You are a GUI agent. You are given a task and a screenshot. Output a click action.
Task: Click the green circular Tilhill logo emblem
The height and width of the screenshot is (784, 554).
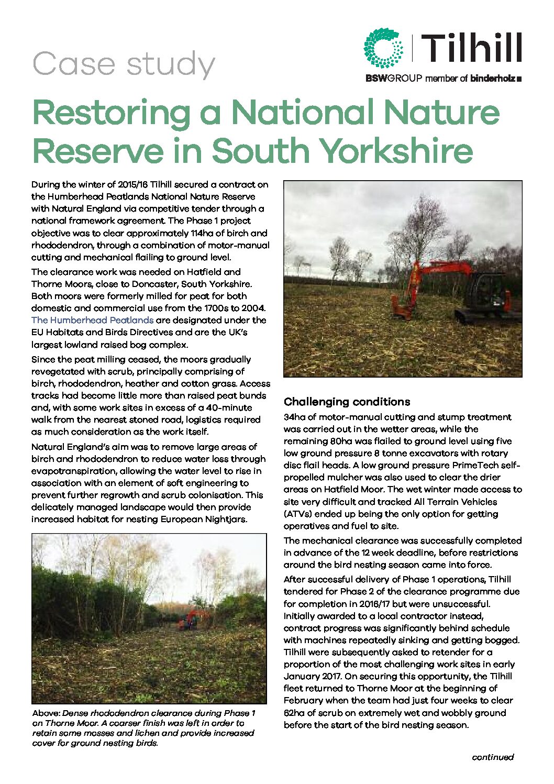(x=384, y=49)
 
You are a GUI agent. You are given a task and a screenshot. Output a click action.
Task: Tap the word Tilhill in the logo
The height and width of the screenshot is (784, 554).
(x=471, y=48)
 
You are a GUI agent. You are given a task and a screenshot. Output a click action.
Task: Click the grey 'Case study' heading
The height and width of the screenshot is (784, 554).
(x=124, y=64)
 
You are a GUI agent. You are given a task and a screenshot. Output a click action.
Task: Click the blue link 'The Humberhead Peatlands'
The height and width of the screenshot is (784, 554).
(x=92, y=320)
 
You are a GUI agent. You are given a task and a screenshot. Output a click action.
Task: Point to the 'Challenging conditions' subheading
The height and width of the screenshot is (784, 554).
(x=347, y=402)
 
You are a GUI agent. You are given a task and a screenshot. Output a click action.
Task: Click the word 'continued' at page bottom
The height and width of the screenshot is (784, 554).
(x=492, y=757)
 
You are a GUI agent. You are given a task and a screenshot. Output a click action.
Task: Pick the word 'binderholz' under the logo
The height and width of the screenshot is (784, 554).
(x=492, y=79)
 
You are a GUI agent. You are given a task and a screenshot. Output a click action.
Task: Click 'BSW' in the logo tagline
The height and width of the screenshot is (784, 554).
(x=375, y=79)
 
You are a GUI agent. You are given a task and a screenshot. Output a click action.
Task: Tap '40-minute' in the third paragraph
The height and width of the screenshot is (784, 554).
(x=229, y=407)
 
